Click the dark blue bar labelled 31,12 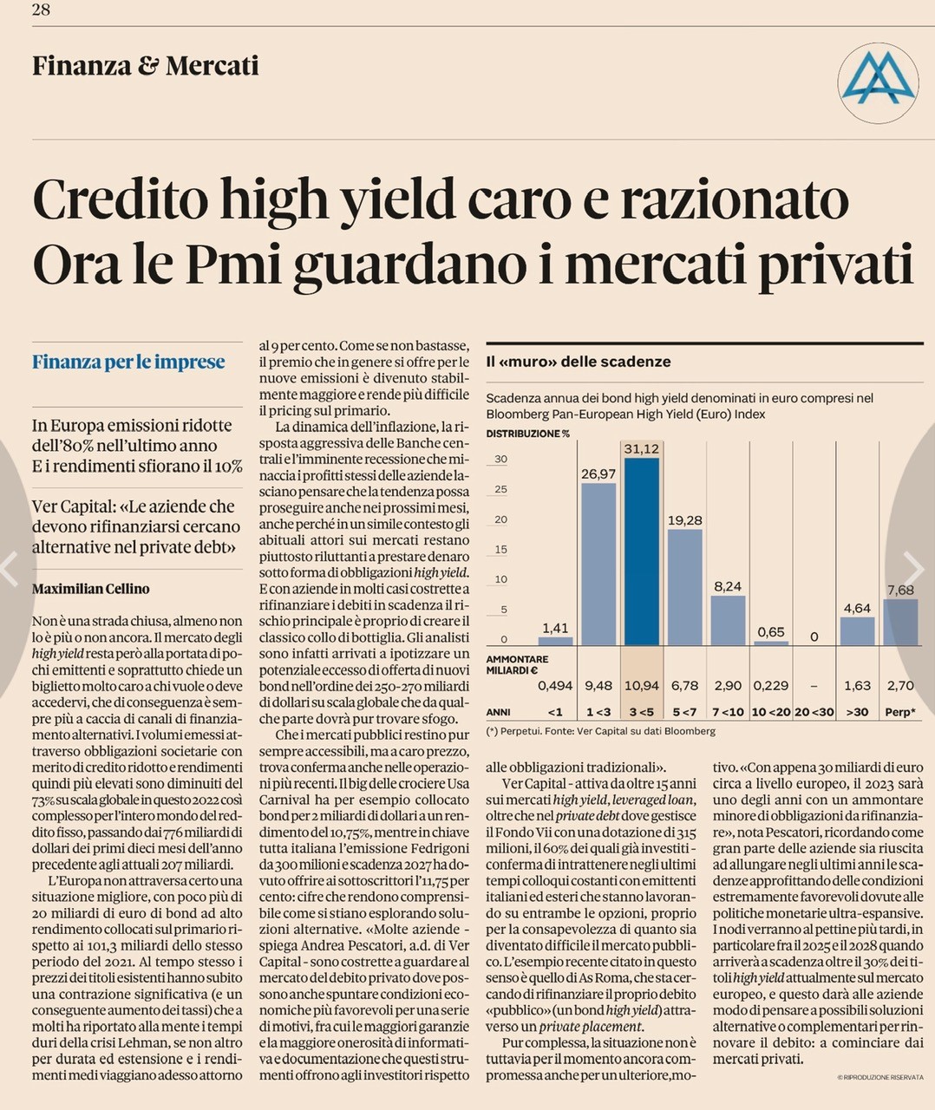pyautogui.click(x=641, y=551)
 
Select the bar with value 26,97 pyautogui.click(x=598, y=564)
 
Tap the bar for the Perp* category pyautogui.click(x=900, y=622)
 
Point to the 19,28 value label pyautogui.click(x=684, y=520)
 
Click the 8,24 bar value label pyautogui.click(x=728, y=586)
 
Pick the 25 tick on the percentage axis pyautogui.click(x=500, y=490)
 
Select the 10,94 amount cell pyautogui.click(x=641, y=685)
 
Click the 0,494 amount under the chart pyautogui.click(x=555, y=685)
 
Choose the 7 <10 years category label pyautogui.click(x=728, y=712)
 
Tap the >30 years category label pyautogui.click(x=857, y=712)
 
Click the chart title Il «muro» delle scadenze pyautogui.click(x=579, y=362)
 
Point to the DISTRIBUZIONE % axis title pyautogui.click(x=527, y=433)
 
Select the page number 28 pyautogui.click(x=41, y=10)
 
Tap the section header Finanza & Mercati pyautogui.click(x=146, y=66)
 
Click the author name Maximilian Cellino pyautogui.click(x=91, y=589)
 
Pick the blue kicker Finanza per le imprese pyautogui.click(x=128, y=362)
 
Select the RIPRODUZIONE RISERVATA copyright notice pyautogui.click(x=880, y=1077)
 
